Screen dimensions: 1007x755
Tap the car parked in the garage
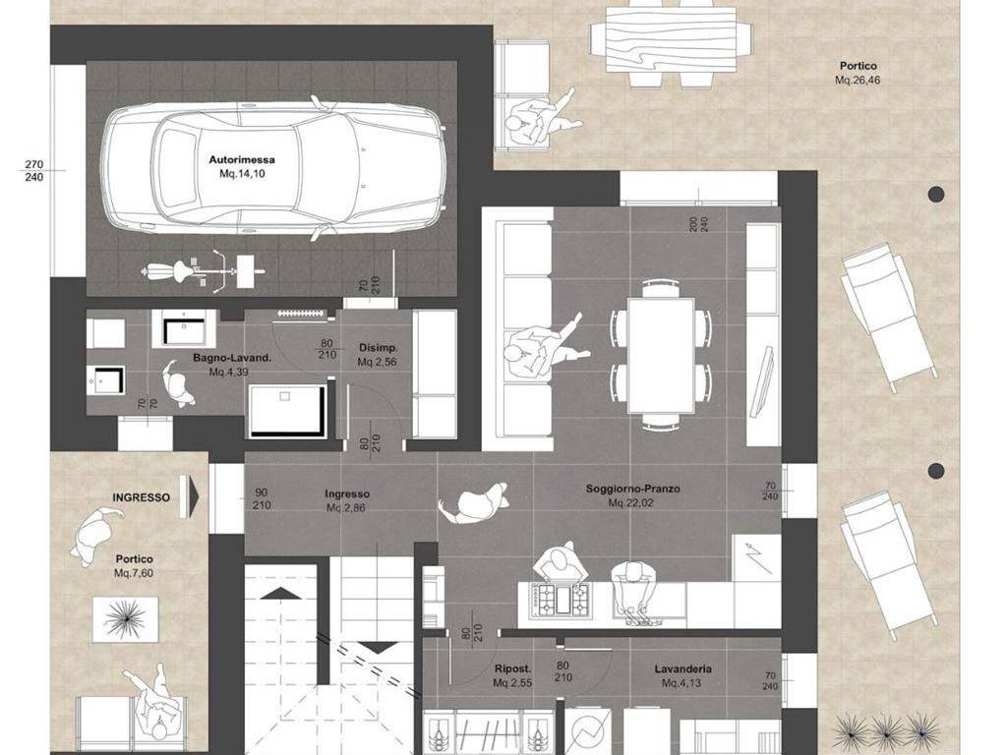(273, 168)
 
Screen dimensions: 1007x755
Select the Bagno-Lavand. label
(232, 358)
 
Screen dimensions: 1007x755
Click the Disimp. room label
(379, 348)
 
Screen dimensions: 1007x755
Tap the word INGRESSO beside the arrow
(142, 497)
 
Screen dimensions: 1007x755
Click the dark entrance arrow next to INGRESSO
(190, 495)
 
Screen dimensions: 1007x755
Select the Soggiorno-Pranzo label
(632, 489)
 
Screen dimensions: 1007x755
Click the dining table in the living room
(661, 355)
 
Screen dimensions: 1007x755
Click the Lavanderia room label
(682, 668)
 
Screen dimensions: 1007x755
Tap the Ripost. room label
(512, 668)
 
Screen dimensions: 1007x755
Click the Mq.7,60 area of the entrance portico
(134, 573)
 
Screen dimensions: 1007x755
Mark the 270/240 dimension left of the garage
(34, 171)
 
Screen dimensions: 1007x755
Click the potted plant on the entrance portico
(125, 619)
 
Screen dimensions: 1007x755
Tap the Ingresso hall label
(347, 494)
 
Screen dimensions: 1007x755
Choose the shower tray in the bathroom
(287, 412)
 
